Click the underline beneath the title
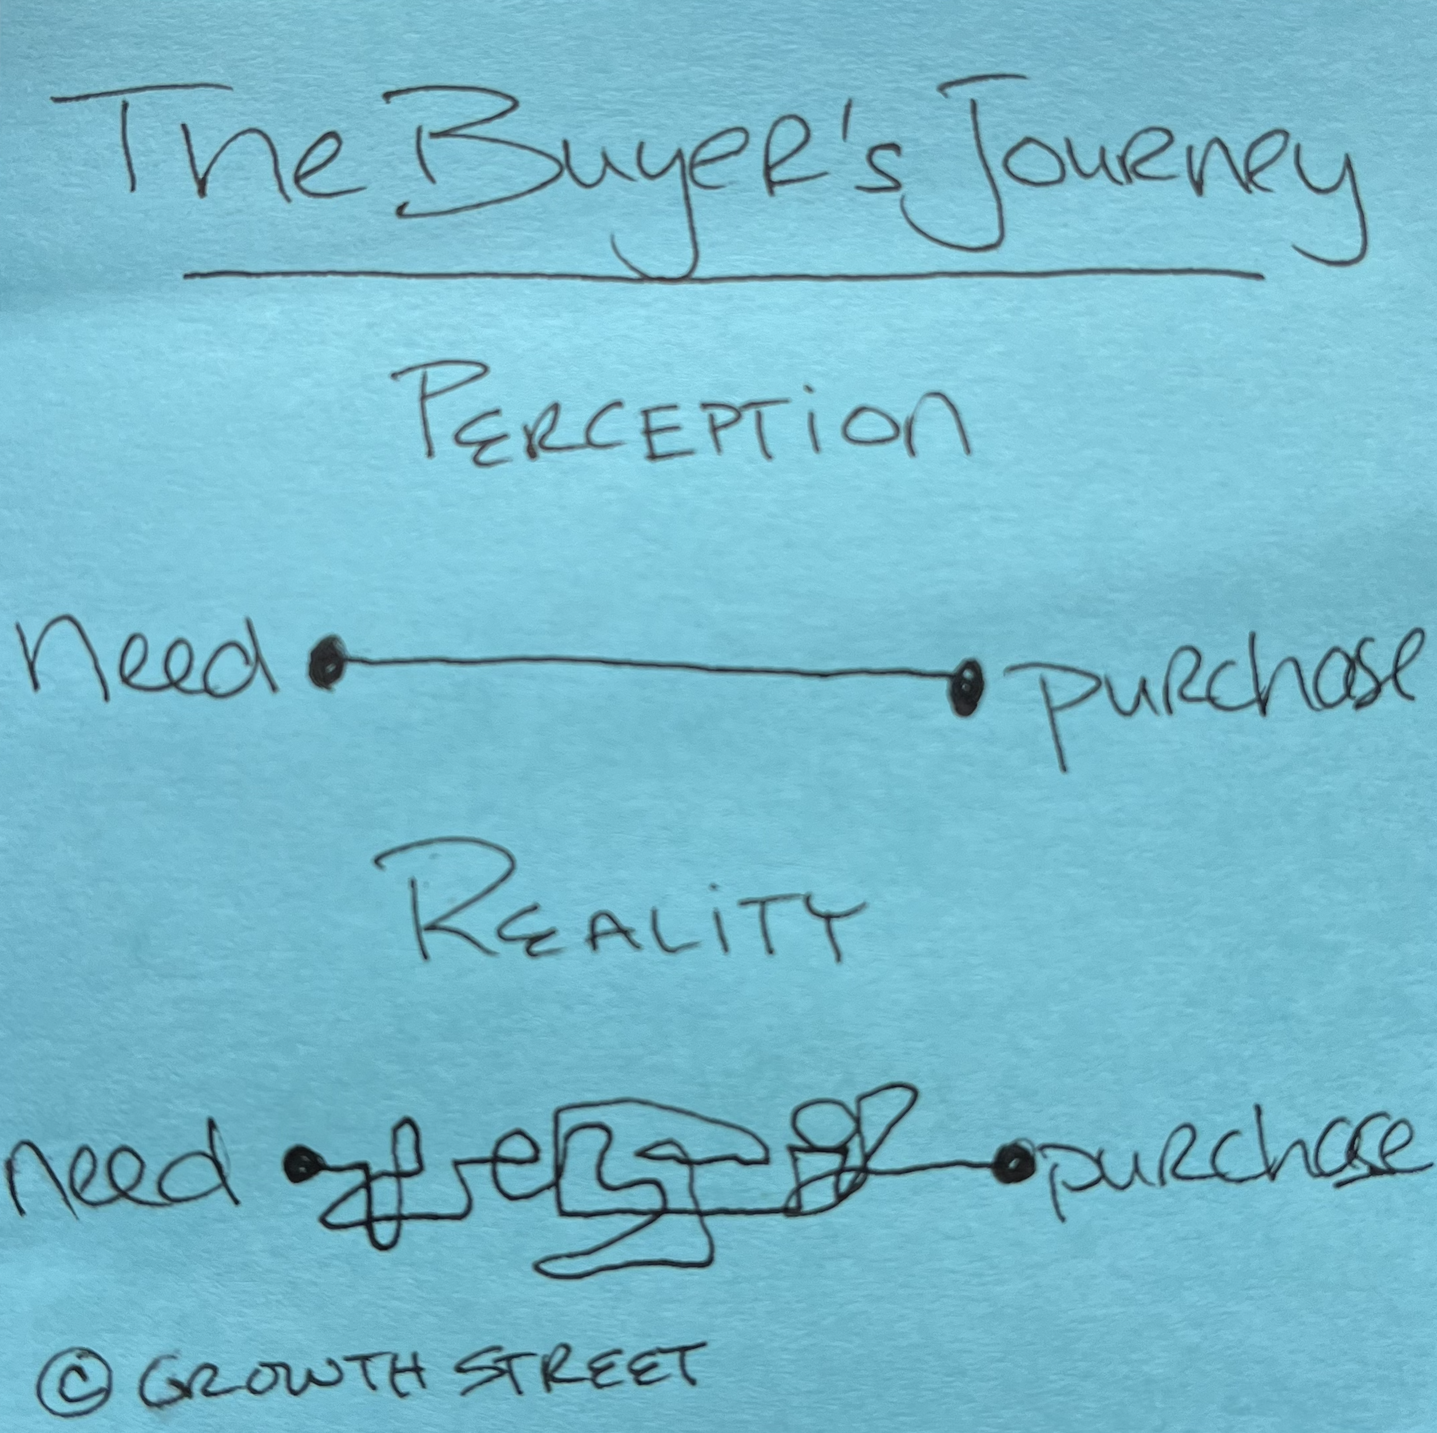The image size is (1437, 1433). [723, 277]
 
